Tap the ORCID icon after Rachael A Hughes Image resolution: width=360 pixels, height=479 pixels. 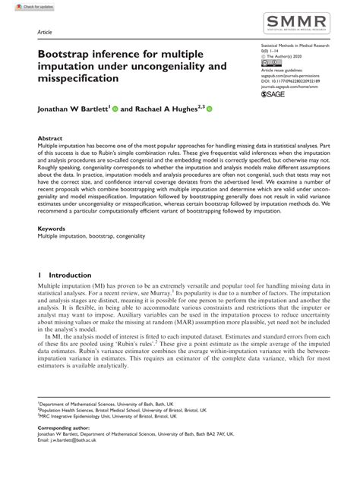pyautogui.click(x=210, y=109)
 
